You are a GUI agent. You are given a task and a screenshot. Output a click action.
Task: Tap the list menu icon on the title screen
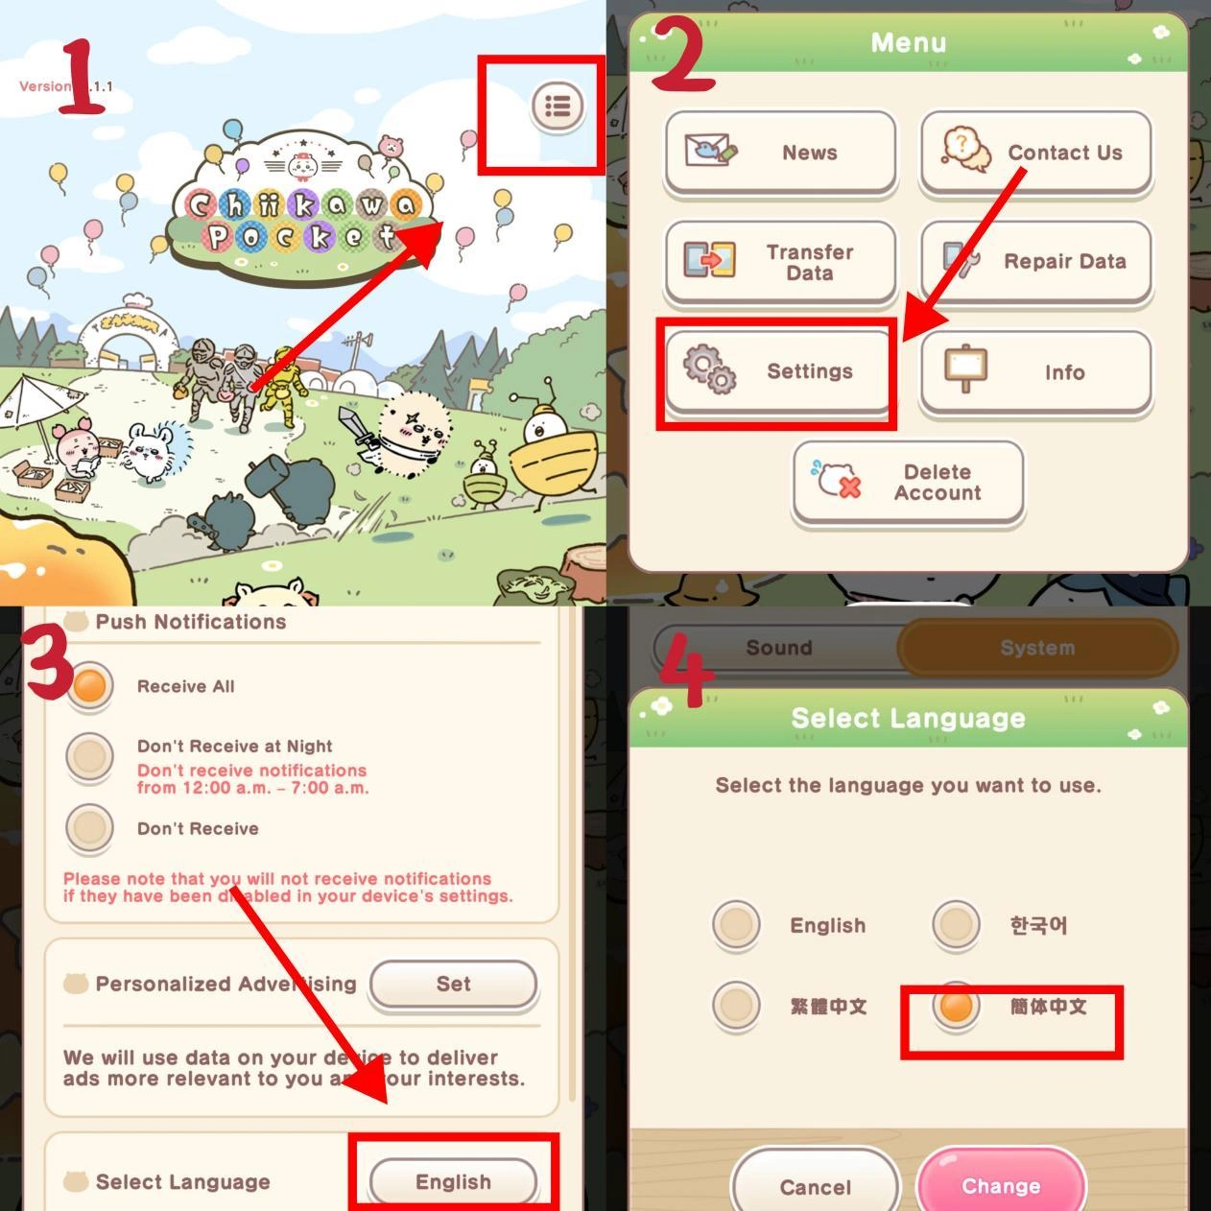tap(558, 106)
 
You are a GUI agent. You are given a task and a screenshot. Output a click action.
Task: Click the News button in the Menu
tap(780, 153)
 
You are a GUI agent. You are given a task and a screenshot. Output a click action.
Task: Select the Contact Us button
tap(1035, 153)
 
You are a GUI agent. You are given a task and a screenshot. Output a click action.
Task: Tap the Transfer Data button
tap(780, 262)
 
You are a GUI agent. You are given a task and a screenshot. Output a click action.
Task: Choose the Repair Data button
tap(1035, 262)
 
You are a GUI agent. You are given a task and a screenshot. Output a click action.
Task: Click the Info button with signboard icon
tap(1035, 372)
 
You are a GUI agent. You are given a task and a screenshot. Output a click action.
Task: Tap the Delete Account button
tap(908, 483)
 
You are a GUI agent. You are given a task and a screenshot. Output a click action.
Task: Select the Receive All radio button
tap(90, 686)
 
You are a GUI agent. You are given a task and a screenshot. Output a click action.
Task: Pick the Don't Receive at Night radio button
tap(90, 755)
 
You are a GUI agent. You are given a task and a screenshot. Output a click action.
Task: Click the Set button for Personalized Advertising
tap(453, 984)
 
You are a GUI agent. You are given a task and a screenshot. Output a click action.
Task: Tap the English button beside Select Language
tap(453, 1181)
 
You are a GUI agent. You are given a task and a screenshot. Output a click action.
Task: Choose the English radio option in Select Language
tap(737, 925)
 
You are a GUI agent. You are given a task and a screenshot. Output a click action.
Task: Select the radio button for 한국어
tap(956, 925)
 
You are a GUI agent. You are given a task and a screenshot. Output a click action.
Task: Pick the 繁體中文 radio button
tap(737, 1006)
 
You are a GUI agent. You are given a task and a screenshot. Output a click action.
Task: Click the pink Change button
tap(1001, 1186)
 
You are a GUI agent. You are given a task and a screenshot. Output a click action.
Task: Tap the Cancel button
tap(816, 1186)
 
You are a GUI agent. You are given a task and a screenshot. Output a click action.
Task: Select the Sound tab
tap(778, 648)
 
